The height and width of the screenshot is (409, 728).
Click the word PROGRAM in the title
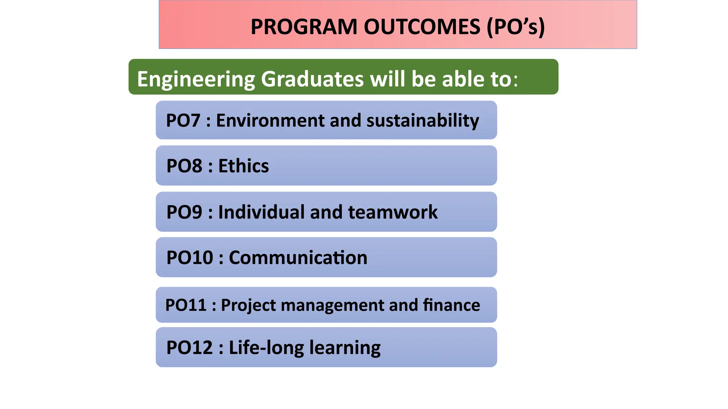(x=304, y=27)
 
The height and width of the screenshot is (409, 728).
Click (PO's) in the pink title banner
(x=515, y=27)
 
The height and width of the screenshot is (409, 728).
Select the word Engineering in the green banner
(x=196, y=79)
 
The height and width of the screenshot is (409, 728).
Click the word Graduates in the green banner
(x=312, y=79)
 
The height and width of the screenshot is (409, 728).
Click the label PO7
(x=183, y=120)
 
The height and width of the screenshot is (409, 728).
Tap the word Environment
(x=270, y=120)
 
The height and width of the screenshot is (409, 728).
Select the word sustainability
(x=423, y=120)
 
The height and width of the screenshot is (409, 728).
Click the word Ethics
(x=243, y=166)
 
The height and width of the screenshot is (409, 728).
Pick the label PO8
(x=184, y=166)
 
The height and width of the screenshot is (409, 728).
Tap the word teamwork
(x=393, y=212)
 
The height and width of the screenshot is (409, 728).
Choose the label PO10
(x=189, y=257)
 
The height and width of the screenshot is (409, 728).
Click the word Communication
(x=298, y=257)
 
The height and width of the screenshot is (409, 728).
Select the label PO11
(x=186, y=305)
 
